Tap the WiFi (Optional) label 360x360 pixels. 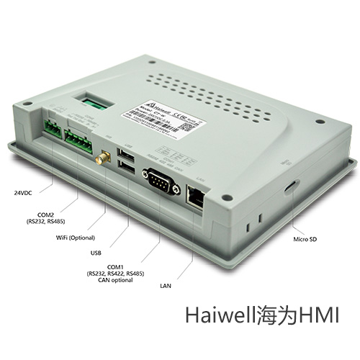click(x=75, y=238)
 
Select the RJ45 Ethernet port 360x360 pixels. click(x=197, y=192)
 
